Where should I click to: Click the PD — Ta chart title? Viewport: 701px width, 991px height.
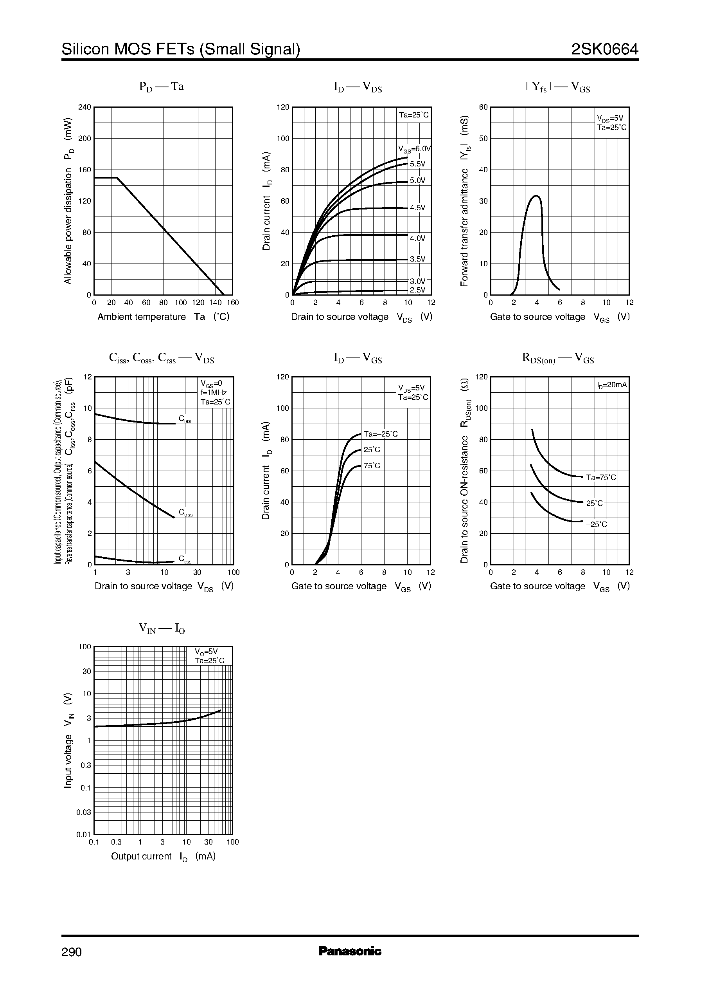click(162, 87)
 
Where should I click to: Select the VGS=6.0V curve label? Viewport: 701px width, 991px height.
click(414, 149)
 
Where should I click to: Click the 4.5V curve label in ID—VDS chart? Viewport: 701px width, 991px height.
click(417, 208)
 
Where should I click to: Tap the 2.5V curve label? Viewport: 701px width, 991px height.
click(417, 290)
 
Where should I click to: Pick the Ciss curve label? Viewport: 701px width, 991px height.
click(185, 419)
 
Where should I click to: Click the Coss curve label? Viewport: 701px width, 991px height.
click(185, 513)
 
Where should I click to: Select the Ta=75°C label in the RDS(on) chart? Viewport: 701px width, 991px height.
click(601, 477)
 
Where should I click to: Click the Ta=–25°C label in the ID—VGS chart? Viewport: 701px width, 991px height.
click(380, 434)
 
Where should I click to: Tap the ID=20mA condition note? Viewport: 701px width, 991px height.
click(612, 384)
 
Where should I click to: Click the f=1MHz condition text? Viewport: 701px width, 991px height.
click(213, 393)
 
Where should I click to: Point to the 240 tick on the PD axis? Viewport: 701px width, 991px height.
click(84, 107)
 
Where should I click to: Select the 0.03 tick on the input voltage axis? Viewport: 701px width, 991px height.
click(84, 812)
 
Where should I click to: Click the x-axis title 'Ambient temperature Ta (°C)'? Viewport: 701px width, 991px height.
click(163, 317)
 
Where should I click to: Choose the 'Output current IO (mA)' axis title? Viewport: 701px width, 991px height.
click(163, 856)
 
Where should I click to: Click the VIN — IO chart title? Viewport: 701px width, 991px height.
click(162, 628)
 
